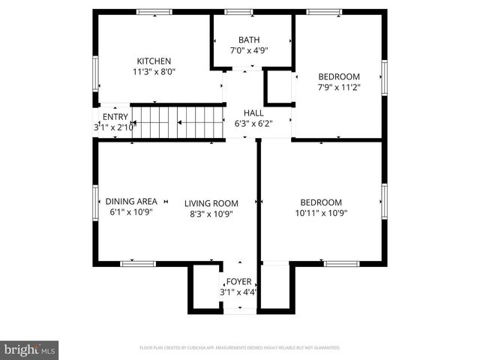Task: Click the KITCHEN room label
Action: [x=154, y=61]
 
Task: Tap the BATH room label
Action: [x=249, y=40]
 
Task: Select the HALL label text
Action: [x=253, y=113]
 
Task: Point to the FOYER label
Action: [x=239, y=281]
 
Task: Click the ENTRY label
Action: [x=115, y=117]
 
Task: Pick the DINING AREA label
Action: [x=131, y=201]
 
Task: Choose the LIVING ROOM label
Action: [x=211, y=203]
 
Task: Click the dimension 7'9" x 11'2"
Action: [x=339, y=87]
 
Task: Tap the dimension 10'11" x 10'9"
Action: [x=321, y=213]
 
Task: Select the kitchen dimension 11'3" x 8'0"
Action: [x=154, y=73]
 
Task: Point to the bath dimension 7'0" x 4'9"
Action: [x=249, y=50]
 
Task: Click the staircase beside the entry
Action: [x=178, y=122]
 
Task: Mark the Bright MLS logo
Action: [x=30, y=349]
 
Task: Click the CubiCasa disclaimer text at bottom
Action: [x=239, y=348]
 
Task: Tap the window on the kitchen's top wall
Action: [x=154, y=12]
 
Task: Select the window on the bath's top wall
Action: [x=239, y=12]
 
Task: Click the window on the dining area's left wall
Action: [x=95, y=202]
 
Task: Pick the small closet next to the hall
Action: [x=278, y=87]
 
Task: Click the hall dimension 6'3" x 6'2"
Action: [x=253, y=124]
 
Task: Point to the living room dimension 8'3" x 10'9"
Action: [x=211, y=214]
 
